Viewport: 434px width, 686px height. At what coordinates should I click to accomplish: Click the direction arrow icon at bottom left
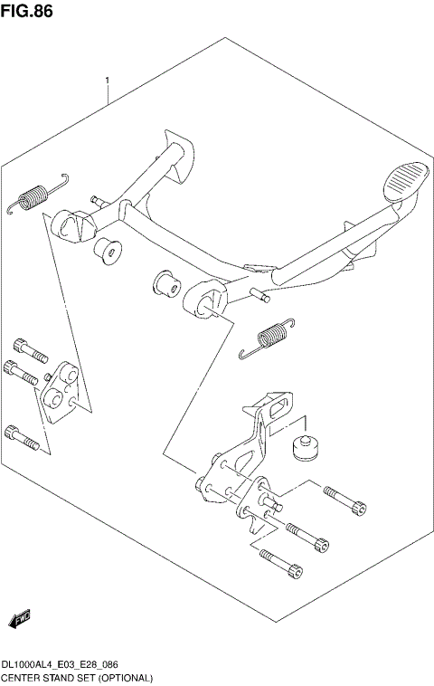[19, 618]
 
